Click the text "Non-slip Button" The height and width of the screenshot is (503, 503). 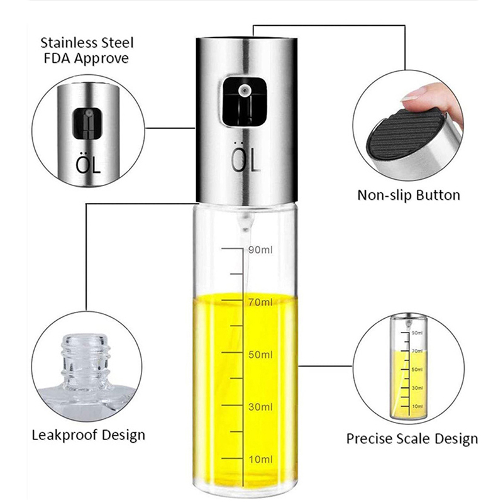pyautogui.click(x=409, y=195)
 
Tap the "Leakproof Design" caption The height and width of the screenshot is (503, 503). pyautogui.click(x=88, y=434)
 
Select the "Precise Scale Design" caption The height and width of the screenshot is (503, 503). pyautogui.click(x=412, y=438)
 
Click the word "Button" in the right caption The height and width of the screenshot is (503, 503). pyautogui.click(x=438, y=195)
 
